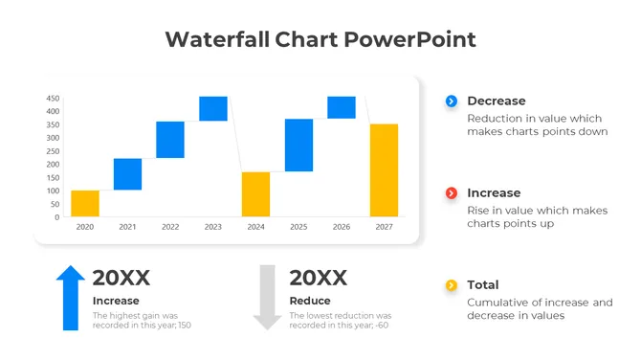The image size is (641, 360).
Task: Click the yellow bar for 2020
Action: pos(85,203)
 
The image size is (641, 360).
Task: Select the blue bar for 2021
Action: pos(127,174)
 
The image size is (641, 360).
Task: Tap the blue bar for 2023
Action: pos(213,108)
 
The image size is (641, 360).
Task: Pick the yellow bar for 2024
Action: pos(255,194)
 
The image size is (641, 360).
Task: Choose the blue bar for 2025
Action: pos(298,146)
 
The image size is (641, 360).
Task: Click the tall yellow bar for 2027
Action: pos(384,169)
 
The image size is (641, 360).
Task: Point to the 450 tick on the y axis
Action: pos(53,98)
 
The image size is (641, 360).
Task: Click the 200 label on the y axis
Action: pos(53,165)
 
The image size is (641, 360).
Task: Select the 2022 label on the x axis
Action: pos(170,228)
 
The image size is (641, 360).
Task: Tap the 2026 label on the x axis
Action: pos(342,228)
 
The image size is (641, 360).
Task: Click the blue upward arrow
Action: pos(71,298)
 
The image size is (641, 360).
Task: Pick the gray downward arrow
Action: pos(268,298)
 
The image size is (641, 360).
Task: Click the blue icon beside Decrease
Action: pos(452,101)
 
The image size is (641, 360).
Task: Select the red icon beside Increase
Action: pos(452,193)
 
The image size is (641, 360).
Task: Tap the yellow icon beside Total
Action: pos(452,285)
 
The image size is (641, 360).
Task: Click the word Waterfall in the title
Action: pos(217,39)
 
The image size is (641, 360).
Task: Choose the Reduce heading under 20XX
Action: pos(310,301)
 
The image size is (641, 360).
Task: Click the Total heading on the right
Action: pos(483,285)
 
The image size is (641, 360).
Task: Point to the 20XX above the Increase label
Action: pos(121,278)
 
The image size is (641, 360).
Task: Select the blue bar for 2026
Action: pos(342,107)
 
